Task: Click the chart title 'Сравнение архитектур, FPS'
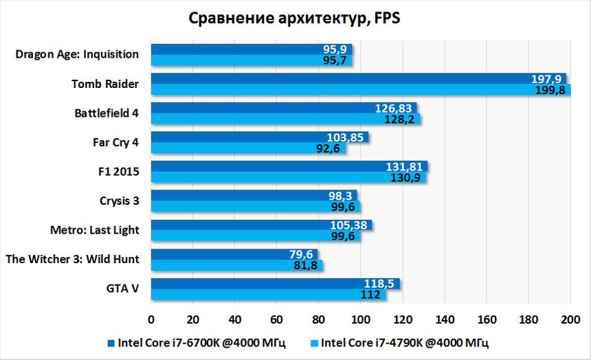point(294,19)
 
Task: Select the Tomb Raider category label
point(105,84)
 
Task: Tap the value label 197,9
point(546,79)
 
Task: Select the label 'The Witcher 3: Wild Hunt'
point(72,259)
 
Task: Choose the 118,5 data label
point(379,284)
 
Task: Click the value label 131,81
point(408,166)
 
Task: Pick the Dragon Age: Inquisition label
point(77,54)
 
